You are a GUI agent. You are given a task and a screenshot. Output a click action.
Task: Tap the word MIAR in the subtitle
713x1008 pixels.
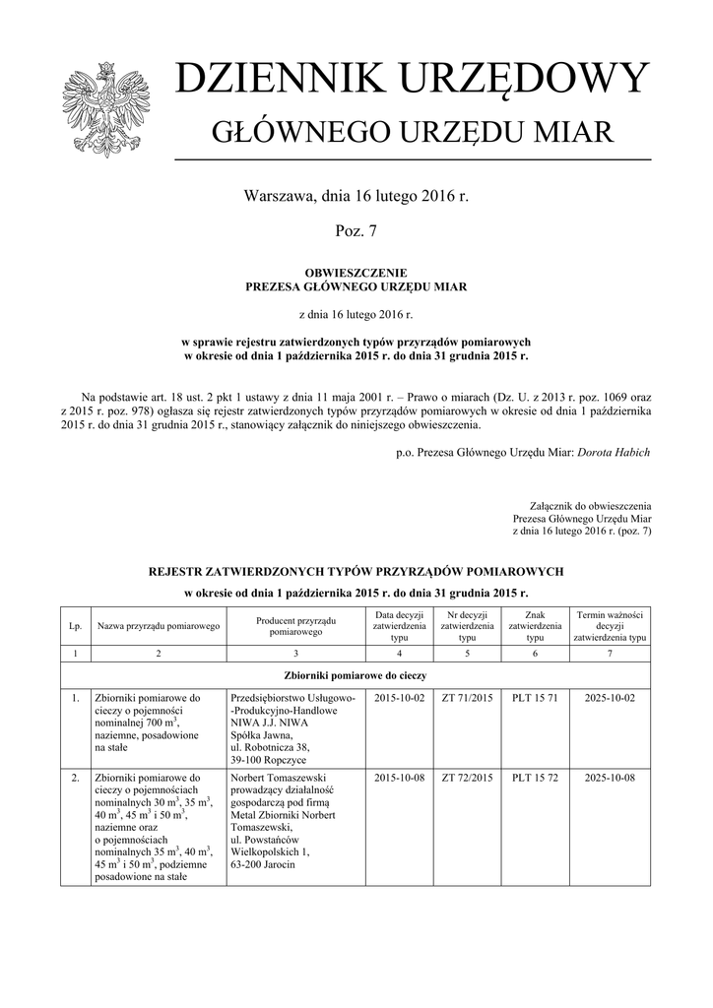coord(570,131)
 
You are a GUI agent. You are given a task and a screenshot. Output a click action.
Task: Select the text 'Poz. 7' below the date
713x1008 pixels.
coord(356,231)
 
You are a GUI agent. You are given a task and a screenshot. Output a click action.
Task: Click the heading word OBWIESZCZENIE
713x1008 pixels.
coord(356,272)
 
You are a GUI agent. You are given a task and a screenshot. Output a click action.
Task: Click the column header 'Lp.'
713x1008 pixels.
coord(75,626)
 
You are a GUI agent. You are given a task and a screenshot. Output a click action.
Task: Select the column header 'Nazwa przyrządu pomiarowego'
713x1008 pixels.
coord(158,626)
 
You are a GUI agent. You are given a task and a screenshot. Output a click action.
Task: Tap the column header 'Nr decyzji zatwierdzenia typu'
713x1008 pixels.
coord(467,626)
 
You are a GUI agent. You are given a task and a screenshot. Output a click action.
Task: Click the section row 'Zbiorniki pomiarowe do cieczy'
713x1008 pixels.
coord(356,675)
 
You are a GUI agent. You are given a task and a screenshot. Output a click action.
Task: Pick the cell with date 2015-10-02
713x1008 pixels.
coord(399,698)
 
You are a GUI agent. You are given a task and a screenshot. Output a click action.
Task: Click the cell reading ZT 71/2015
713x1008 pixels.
coord(467,698)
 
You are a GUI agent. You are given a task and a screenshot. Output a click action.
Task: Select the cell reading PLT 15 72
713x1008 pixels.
coord(535,778)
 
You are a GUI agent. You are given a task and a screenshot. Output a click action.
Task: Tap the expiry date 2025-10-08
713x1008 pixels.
coord(610,778)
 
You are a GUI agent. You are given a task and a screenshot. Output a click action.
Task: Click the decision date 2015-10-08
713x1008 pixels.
coord(399,778)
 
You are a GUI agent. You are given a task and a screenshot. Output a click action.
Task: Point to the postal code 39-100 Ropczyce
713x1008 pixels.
coord(269,761)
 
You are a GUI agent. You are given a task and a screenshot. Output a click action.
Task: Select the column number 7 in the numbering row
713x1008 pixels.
coord(610,653)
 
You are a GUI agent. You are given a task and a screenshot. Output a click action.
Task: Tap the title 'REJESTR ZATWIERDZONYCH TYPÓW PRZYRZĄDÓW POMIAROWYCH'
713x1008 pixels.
coord(356,571)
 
